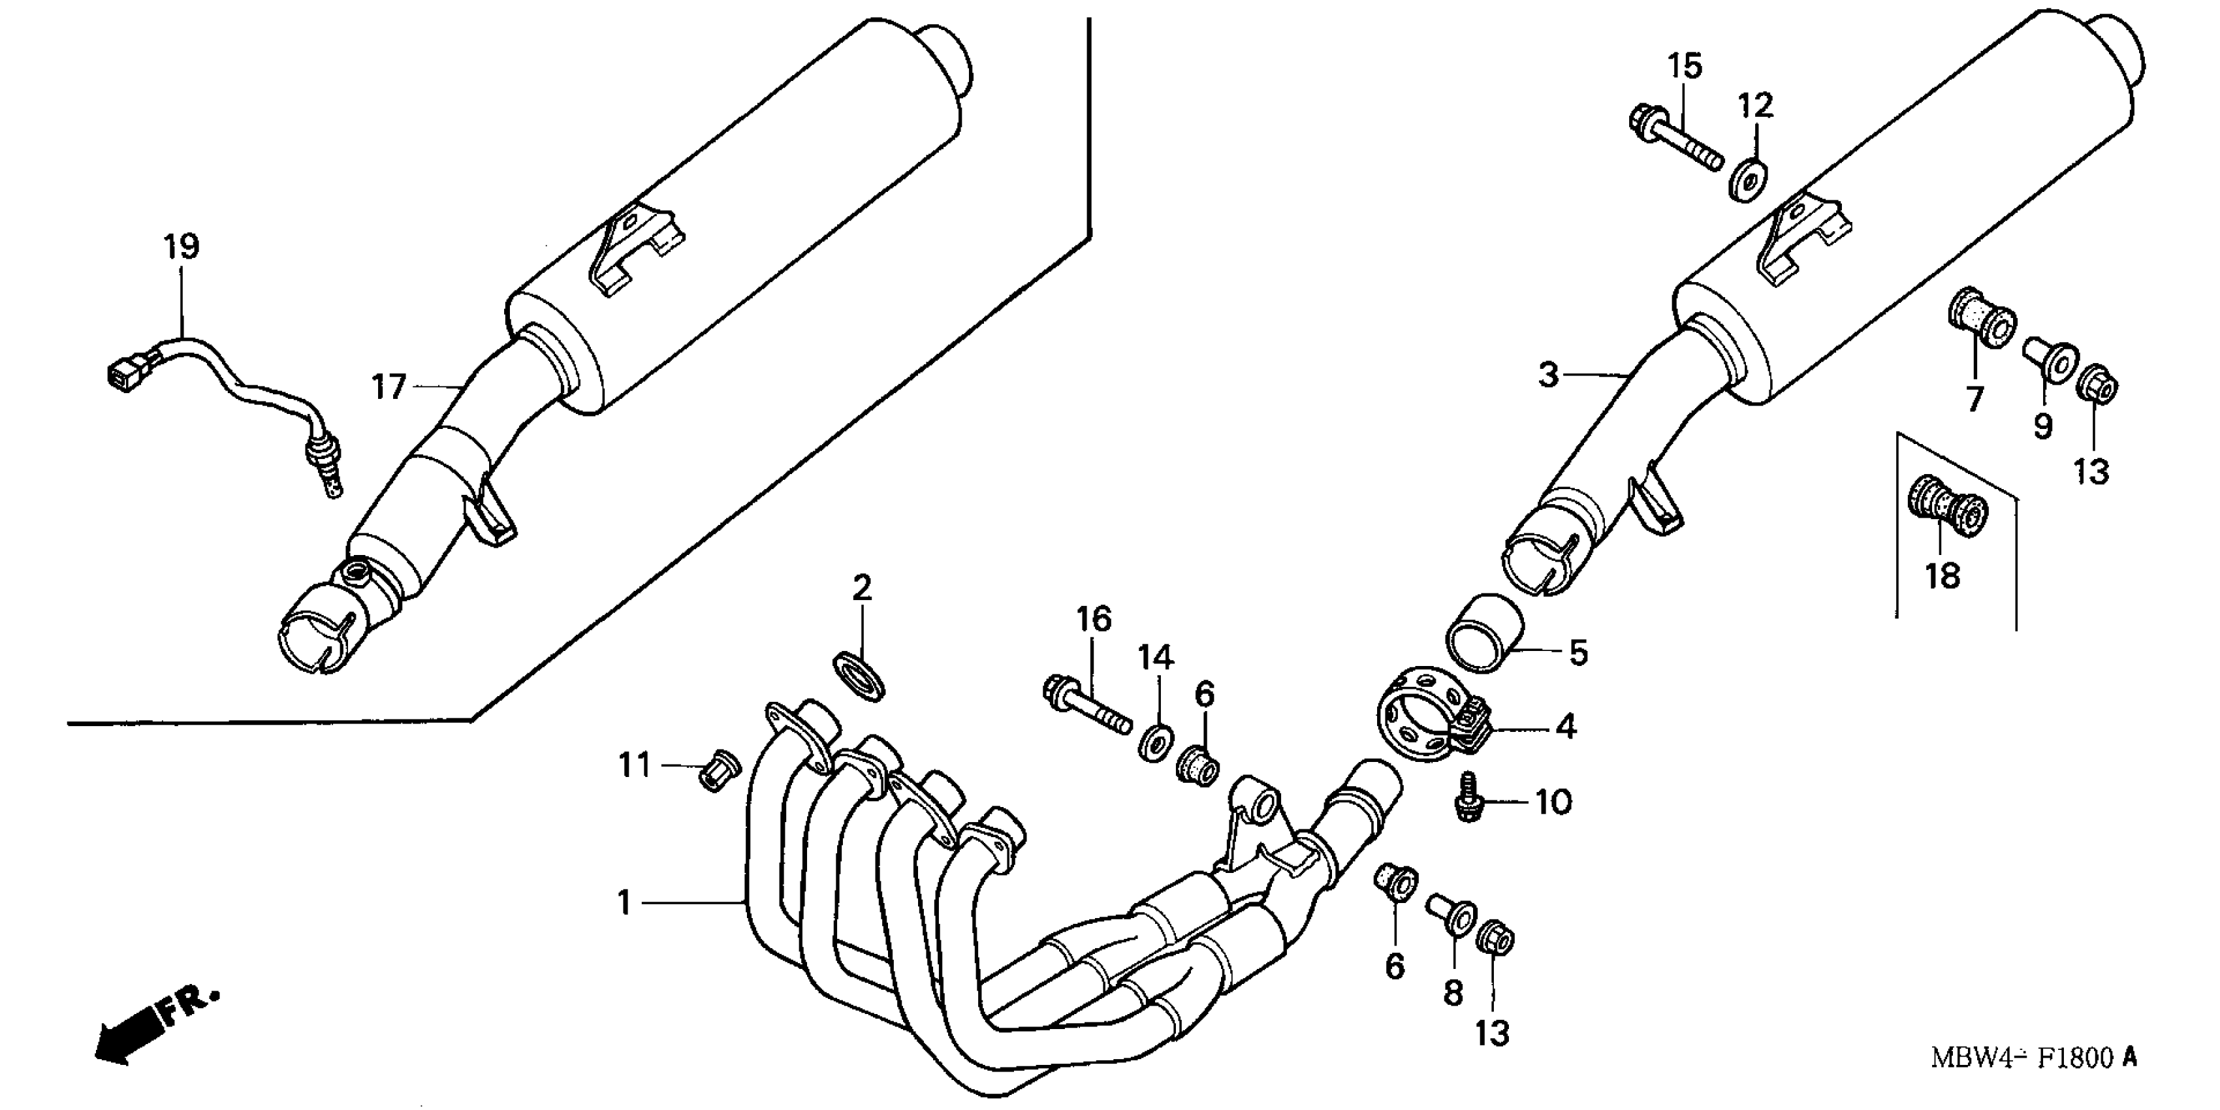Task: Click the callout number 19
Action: [181, 247]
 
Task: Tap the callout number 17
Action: [388, 387]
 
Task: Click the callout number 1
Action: [624, 903]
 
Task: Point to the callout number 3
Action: [1549, 375]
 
